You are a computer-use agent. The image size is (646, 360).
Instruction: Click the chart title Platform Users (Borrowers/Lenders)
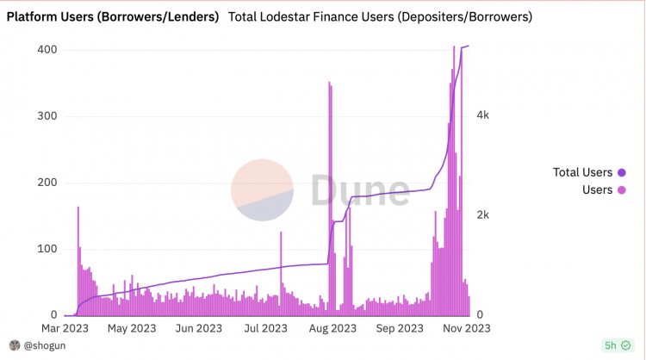pos(112,16)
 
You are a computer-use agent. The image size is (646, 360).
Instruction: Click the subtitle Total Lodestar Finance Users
pos(380,16)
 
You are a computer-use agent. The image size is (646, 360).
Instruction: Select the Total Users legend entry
pos(582,172)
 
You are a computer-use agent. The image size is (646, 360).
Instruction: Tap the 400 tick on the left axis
pos(47,50)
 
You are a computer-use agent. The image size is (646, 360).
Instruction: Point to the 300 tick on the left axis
pos(47,116)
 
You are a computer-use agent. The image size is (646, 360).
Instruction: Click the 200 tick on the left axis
pos(47,183)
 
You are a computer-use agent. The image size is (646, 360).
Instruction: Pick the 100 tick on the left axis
pos(47,249)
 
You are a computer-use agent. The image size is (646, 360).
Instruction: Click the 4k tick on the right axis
pos(484,115)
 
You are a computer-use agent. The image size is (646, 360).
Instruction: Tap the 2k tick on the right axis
pos(484,215)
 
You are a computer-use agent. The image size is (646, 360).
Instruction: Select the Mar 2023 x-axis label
pos(65,328)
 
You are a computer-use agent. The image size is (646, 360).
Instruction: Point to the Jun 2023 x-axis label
pos(196,328)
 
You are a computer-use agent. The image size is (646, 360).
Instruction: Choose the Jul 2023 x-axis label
pos(264,328)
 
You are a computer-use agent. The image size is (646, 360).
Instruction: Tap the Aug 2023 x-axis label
pos(332,328)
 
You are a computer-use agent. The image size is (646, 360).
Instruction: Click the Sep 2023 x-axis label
pos(399,328)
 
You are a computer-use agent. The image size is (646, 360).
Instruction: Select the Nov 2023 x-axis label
pos(466,328)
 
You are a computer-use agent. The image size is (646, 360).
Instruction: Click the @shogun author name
pos(42,345)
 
